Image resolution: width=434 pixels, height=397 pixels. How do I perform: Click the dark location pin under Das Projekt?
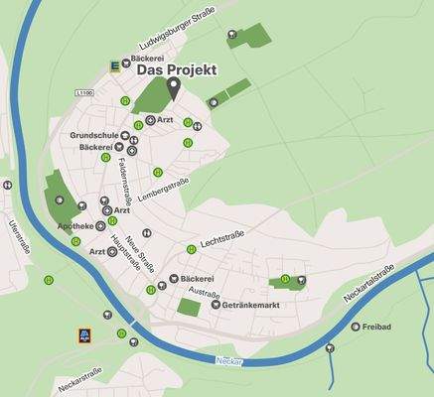coord(173,88)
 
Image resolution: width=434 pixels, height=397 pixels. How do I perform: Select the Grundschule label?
coord(95,135)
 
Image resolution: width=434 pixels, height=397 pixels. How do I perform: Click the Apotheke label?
coord(77,226)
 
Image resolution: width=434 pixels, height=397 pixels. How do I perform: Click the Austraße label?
coord(205,293)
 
